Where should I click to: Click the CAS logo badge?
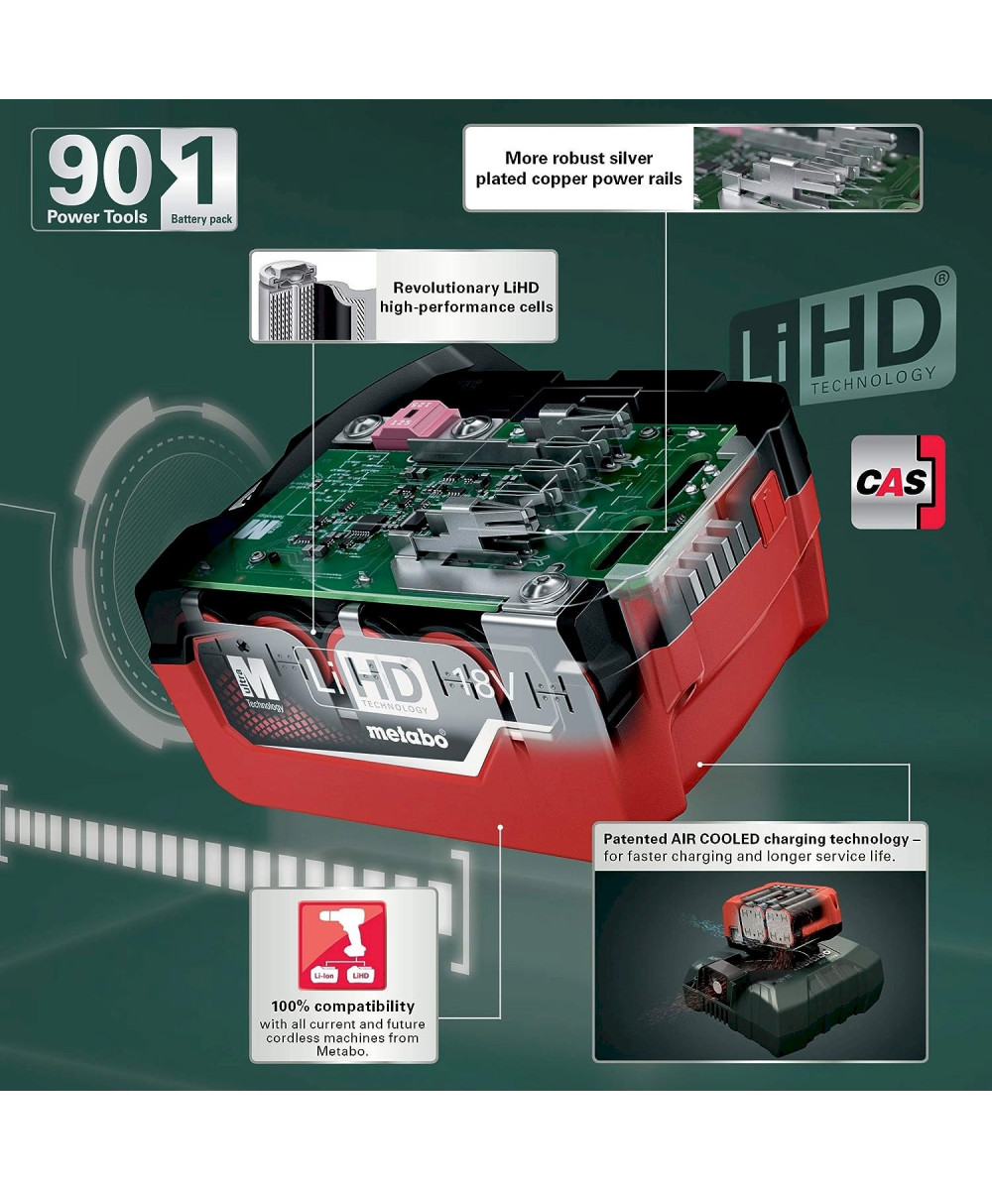(x=898, y=482)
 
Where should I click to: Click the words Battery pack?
(x=201, y=219)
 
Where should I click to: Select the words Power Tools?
(x=97, y=216)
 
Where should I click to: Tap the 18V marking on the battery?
(x=486, y=684)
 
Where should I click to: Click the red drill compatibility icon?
(x=342, y=945)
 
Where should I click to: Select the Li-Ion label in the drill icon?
(x=323, y=975)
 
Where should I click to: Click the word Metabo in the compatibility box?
(x=342, y=1051)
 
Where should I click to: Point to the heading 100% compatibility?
(x=342, y=1007)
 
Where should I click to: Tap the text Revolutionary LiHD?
(x=466, y=288)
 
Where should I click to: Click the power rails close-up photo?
(x=806, y=168)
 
